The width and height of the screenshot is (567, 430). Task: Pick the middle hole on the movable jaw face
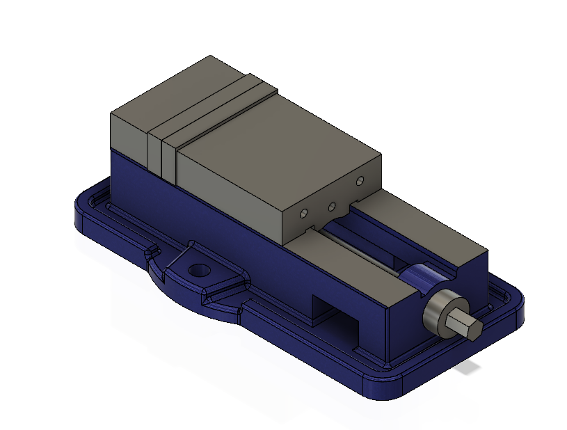coord(332,207)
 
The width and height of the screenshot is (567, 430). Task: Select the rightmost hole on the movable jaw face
coord(360,182)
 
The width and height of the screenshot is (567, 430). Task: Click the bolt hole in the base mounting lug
coord(199,269)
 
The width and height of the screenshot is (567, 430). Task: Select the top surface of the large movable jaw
coord(278,153)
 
